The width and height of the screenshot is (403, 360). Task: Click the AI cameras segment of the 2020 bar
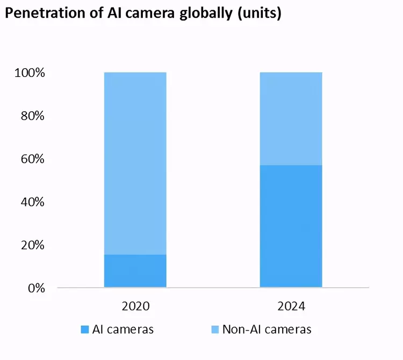(x=135, y=271)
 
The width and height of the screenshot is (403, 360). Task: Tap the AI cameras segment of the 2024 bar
(x=291, y=226)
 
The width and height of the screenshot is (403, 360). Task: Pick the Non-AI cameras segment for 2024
(x=291, y=118)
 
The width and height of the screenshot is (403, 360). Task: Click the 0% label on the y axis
(x=35, y=288)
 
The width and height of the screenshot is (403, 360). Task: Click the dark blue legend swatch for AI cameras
(x=85, y=329)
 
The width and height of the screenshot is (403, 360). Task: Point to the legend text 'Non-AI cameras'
(x=267, y=329)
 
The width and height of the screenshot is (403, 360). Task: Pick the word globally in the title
(x=195, y=13)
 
